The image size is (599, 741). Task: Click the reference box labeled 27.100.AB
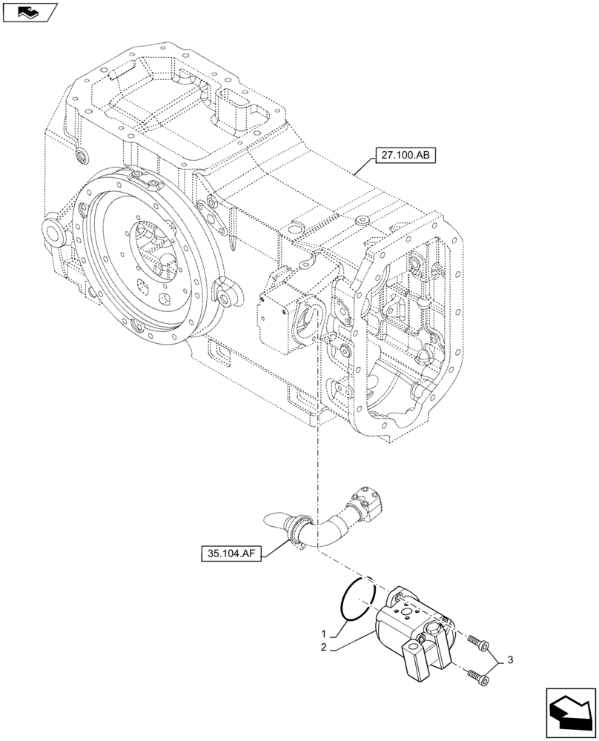[x=406, y=155]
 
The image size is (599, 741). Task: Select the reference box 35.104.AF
[x=231, y=553]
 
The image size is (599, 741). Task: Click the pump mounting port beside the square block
[x=308, y=318]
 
